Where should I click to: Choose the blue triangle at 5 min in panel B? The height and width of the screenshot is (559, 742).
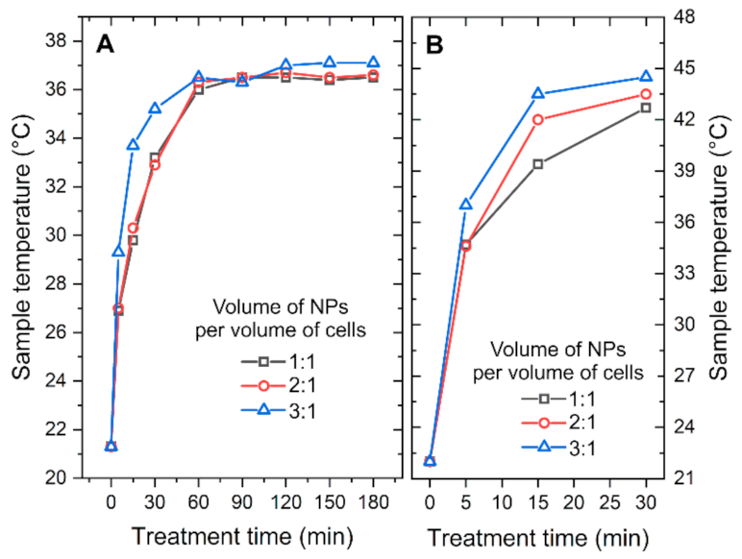tap(466, 204)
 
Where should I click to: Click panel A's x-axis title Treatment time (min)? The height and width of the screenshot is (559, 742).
tap(241, 536)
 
